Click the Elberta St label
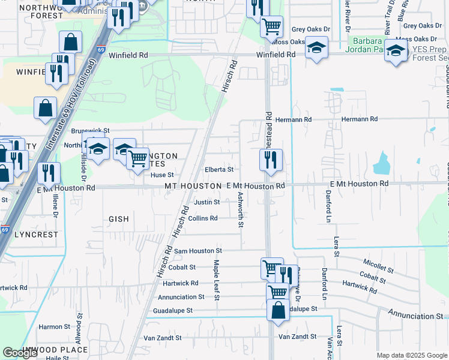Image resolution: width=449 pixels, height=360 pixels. pos(218,170)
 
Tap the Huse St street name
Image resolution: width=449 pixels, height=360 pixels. pos(161,175)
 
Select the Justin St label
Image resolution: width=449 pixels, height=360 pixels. pos(206,202)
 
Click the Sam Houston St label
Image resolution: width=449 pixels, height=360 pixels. pos(198,251)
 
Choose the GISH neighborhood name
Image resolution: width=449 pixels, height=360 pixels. pos(119,219)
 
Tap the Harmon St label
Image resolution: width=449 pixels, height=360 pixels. pos(55,327)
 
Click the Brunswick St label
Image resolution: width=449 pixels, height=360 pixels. pos(91,130)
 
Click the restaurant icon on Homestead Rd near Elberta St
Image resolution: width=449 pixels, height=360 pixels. pos(271,160)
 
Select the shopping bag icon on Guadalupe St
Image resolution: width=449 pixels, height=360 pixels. pos(278,311)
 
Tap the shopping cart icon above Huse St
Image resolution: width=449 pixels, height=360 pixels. pos(138,159)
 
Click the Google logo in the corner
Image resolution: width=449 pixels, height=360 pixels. pos(20,353)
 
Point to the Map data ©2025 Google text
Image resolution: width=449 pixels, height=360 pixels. pos(411,355)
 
